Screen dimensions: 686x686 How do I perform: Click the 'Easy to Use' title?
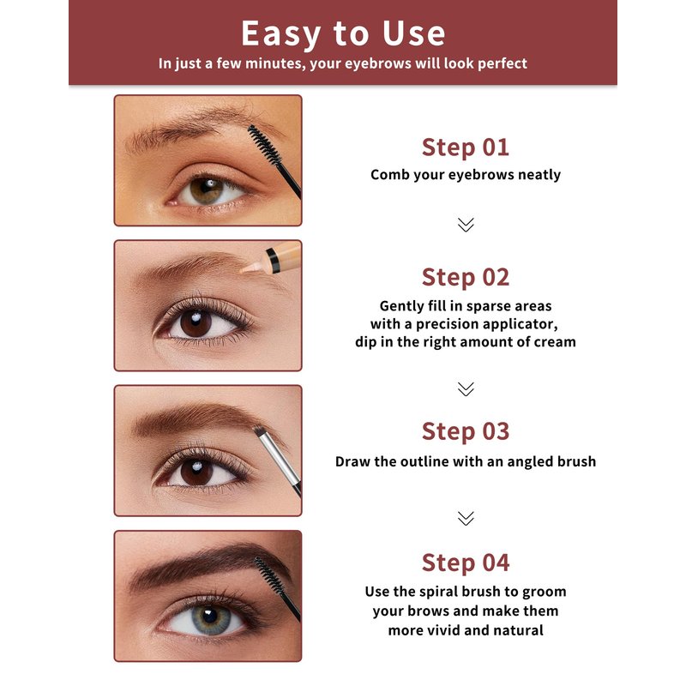[x=343, y=33]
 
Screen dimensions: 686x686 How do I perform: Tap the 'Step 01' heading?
[x=466, y=147]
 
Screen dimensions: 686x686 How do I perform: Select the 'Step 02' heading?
[x=466, y=277]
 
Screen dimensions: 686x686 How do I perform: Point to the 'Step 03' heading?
[x=466, y=431]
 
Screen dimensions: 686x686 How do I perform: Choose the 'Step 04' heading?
[x=466, y=563]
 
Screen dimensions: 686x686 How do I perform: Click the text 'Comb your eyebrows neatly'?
[x=466, y=175]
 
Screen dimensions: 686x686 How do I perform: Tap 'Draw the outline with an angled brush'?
[x=466, y=461]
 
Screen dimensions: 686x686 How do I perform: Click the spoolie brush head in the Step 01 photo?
[x=264, y=144]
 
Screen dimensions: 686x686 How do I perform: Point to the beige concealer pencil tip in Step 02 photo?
[x=250, y=268]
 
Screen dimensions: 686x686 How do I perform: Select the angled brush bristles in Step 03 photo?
[x=259, y=430]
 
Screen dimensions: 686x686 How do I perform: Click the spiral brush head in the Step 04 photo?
[x=269, y=575]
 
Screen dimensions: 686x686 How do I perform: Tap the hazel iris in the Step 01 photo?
[x=207, y=190]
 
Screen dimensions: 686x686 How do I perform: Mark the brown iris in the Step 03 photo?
[x=196, y=472]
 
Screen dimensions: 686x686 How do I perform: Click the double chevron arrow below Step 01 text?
[x=466, y=225]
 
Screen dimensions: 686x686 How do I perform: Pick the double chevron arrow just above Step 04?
[x=466, y=518]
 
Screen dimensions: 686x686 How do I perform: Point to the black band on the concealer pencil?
[x=273, y=260]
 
